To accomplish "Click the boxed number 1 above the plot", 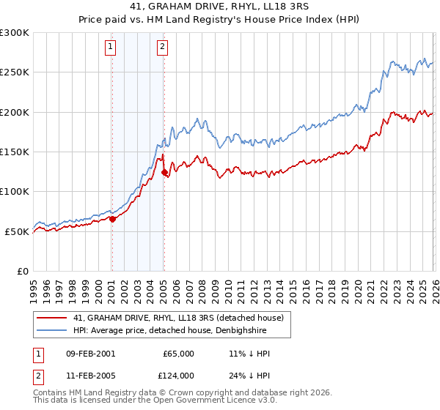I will coord(111,48).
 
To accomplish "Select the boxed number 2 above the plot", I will coord(162,48).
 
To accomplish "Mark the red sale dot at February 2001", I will coord(112,219).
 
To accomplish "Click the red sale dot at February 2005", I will coord(164,173).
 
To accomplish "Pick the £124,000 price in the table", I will coord(178,375).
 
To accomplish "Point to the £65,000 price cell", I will coord(178,353).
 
